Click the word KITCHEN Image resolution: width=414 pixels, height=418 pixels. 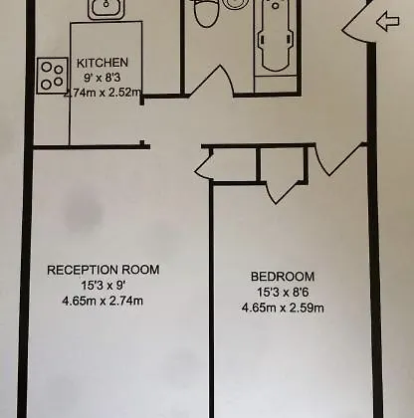pos(103,63)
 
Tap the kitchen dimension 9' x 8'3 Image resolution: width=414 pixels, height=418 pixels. pos(103,78)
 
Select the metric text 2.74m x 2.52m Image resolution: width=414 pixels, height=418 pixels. pos(103,93)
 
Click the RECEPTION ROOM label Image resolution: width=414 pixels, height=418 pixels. pos(103,270)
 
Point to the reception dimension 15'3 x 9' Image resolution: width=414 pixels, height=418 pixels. pos(103,285)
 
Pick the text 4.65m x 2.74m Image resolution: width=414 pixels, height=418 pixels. pos(103,301)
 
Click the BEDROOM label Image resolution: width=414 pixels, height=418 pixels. pos(283,277)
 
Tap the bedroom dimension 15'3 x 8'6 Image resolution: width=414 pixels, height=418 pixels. pos(283,293)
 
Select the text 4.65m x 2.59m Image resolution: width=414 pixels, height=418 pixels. pos(283,308)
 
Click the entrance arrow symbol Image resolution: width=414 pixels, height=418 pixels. pos(388,22)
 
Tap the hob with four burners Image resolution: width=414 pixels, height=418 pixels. pos(53,76)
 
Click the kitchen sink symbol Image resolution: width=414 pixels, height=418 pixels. pos(106,8)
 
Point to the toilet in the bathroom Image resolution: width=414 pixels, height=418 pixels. pos(206,13)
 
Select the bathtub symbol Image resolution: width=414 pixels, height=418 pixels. pos(276,37)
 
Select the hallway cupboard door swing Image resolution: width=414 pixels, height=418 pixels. pos(203,166)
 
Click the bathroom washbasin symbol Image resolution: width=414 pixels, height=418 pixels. pos(236,4)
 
